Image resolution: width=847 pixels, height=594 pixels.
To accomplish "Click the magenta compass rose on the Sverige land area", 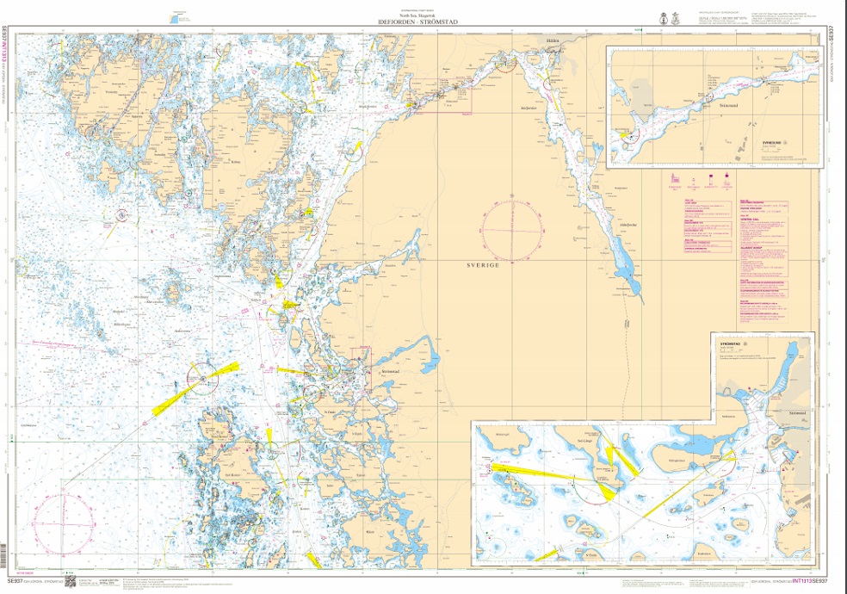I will pos(512,230).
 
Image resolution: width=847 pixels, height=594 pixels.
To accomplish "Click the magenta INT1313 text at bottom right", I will pos(804,582).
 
